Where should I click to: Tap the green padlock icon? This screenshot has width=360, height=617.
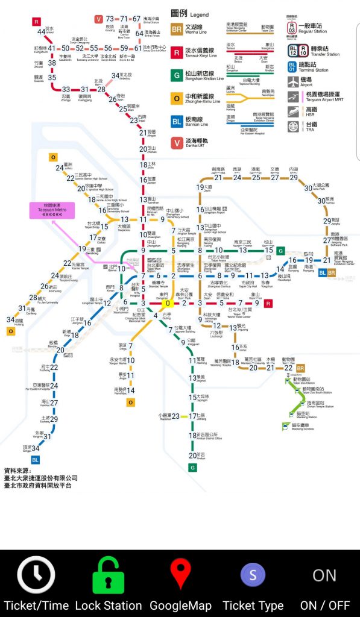pyautogui.click(x=109, y=575)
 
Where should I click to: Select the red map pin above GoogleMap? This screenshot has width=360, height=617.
pyautogui.click(x=180, y=573)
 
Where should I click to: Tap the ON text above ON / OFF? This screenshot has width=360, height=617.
pyautogui.click(x=324, y=575)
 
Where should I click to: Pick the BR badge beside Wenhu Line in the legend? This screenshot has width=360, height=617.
pyautogui.click(x=177, y=28)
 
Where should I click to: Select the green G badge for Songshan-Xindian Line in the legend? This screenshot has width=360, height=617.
pyautogui.click(x=177, y=75)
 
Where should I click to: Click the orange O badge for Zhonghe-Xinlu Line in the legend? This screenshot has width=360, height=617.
pyautogui.click(x=177, y=98)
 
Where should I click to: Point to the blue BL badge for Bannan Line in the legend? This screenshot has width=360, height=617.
pyautogui.click(x=177, y=121)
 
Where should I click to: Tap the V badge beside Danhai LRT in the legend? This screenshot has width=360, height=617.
pyautogui.click(x=177, y=142)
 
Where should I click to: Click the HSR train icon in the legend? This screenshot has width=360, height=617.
pyautogui.click(x=292, y=111)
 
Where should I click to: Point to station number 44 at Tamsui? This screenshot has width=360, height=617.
pyautogui.click(x=41, y=32)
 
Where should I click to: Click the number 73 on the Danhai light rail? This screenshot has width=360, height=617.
pyautogui.click(x=110, y=19)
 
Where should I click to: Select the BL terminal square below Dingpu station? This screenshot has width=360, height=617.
pyautogui.click(x=36, y=460)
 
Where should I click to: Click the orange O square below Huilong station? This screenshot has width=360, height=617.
pyautogui.click(x=10, y=331)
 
